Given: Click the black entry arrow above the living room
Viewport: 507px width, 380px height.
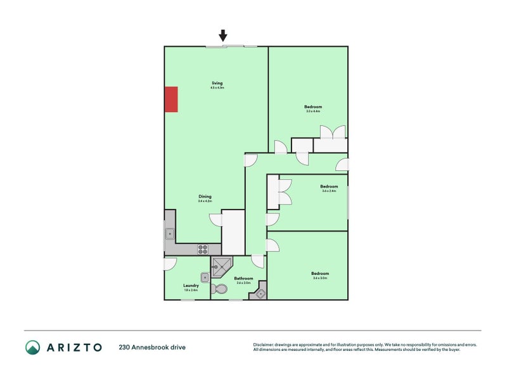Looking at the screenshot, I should tap(222, 35).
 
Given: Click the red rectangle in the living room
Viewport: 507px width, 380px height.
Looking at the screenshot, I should tap(171, 99).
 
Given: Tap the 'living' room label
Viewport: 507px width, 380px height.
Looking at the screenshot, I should tap(217, 83).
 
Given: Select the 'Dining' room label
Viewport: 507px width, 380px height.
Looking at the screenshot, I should tap(204, 196).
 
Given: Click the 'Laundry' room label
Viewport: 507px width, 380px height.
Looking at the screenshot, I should tap(191, 286).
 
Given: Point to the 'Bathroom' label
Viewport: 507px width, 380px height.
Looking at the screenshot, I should tap(243, 279).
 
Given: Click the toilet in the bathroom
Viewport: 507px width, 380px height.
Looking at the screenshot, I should tap(220, 289).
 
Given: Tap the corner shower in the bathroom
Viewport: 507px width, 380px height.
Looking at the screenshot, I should tap(221, 267).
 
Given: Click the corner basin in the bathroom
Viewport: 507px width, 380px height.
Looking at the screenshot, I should tap(260, 293).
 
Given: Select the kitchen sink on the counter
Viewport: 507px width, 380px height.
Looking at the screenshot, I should tap(170, 234).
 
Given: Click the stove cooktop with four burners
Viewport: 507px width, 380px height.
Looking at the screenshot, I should tap(203, 249).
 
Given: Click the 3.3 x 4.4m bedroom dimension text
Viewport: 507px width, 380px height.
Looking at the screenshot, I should tap(313, 111).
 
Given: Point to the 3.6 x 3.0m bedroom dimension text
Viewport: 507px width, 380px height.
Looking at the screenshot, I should tap(320, 278).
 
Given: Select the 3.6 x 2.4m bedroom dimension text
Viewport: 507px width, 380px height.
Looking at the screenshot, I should tap(329, 191).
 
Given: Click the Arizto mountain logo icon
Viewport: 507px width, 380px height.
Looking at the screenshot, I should tap(32, 347).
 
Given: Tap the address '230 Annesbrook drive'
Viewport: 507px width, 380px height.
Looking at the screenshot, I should tap(152, 347).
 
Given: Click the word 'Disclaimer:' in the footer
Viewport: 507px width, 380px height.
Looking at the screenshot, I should tap(266, 345).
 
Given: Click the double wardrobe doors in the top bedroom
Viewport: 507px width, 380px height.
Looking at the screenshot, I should tap(332, 132).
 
